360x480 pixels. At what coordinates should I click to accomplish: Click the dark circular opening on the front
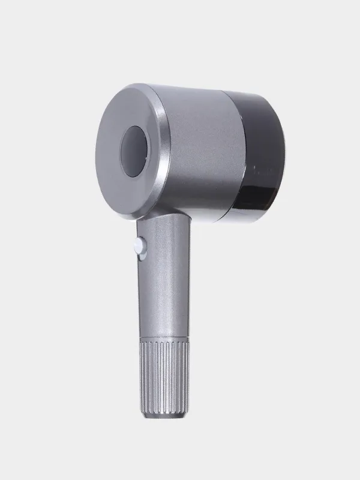[x=134, y=152]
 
